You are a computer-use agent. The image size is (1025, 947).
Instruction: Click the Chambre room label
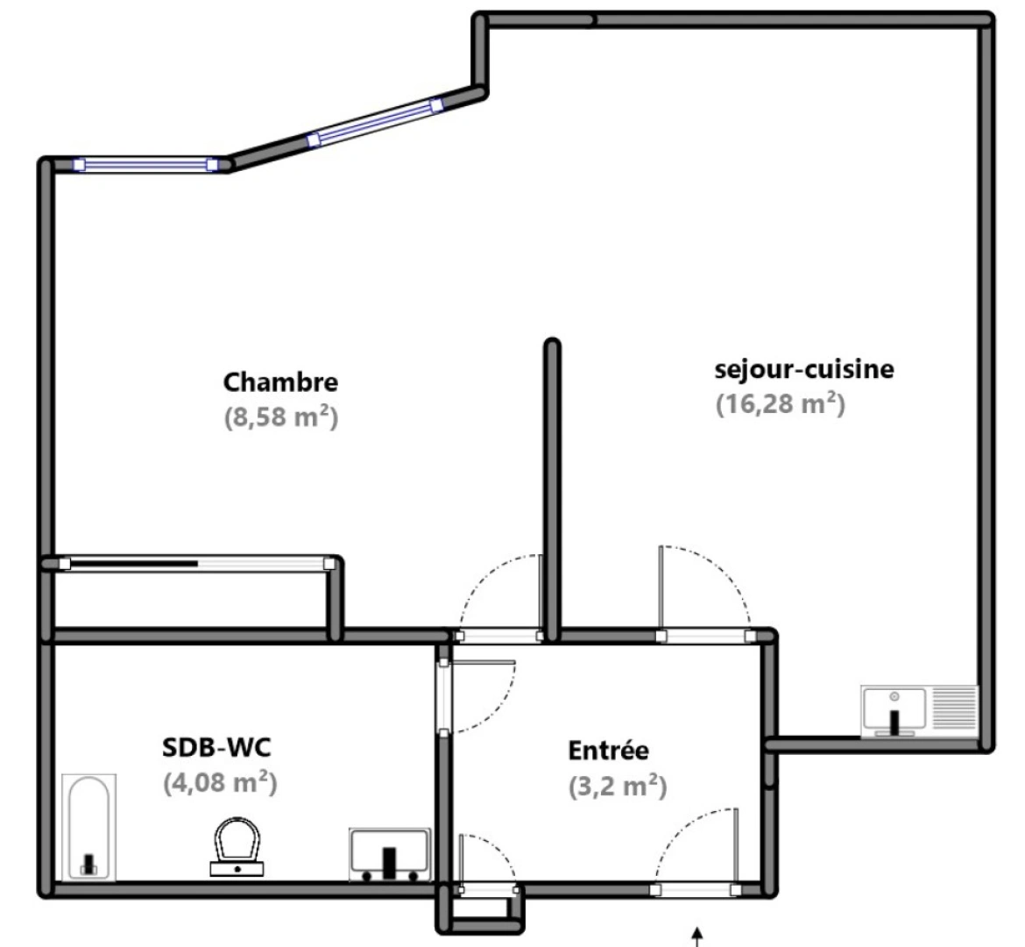coord(280,382)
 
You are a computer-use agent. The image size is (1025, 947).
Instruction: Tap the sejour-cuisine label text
coord(804,369)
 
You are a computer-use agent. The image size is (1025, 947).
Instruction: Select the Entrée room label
coord(609,751)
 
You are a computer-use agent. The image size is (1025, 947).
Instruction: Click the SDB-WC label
coord(216,748)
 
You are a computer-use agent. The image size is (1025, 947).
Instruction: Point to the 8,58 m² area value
coord(280,417)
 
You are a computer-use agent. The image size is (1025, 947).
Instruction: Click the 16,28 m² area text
coord(780,404)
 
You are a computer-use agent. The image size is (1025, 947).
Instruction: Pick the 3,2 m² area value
coord(617,786)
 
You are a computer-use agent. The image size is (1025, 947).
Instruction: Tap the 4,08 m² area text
coord(220,781)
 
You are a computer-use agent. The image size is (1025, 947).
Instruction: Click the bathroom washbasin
coord(390,853)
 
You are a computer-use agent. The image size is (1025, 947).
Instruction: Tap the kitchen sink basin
coord(894,710)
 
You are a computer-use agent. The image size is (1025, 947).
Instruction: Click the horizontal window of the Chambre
coord(145,164)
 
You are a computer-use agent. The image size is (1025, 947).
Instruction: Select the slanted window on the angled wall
coord(375,124)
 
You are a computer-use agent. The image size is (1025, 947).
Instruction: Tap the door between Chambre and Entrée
coord(499,636)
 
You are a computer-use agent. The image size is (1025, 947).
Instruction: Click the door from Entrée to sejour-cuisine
coord(704,636)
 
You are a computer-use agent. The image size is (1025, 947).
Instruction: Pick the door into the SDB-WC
coord(445,695)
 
